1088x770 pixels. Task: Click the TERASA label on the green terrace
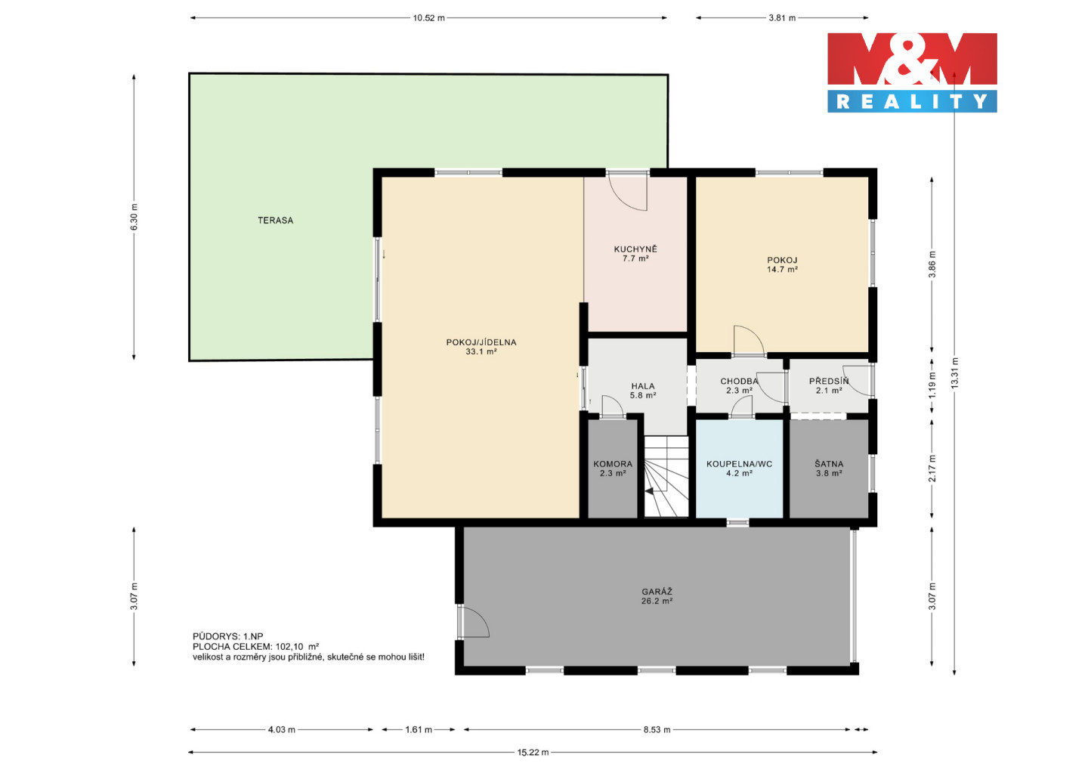tap(275, 221)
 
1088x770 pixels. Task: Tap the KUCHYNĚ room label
tap(635, 249)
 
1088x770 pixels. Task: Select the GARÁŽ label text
tap(657, 592)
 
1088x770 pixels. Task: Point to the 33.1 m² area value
tap(481, 351)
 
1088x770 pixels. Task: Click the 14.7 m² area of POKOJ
tap(782, 270)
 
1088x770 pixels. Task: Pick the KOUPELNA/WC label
tap(739, 464)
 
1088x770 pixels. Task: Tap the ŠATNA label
tap(829, 464)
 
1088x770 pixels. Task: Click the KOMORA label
tap(613, 464)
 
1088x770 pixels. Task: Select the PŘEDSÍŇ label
tap(829, 381)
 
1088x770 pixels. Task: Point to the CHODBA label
tap(739, 382)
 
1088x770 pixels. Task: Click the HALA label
tap(642, 386)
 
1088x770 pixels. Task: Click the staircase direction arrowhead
tap(649, 492)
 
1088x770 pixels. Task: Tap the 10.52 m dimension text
tap(428, 18)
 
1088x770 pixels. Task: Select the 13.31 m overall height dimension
tap(955, 373)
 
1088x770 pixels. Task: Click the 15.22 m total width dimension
tap(533, 753)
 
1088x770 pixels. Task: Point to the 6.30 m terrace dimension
tap(134, 217)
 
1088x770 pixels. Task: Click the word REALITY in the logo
tap(912, 101)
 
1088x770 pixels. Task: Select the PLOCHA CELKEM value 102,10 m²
tap(297, 647)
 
